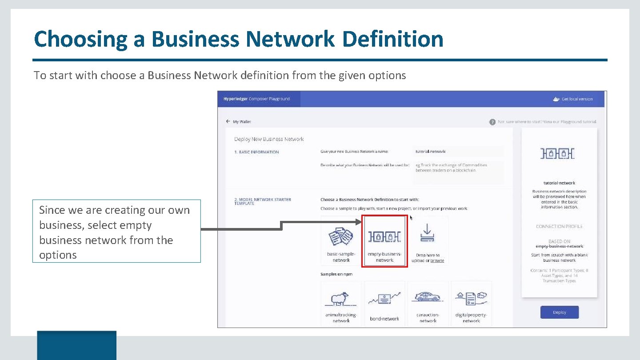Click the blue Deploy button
pyautogui.click(x=559, y=312)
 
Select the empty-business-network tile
pyautogui.click(x=384, y=241)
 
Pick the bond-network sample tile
pyautogui.click(x=384, y=304)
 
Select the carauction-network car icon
pyautogui.click(x=428, y=297)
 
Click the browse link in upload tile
pyautogui.click(x=437, y=261)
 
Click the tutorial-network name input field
pyautogui.click(x=458, y=152)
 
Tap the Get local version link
pyautogui.click(x=576, y=99)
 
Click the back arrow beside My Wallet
pyautogui.click(x=228, y=121)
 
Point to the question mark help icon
pyautogui.click(x=492, y=122)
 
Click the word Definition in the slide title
pyautogui.click(x=393, y=39)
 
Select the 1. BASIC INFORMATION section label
pyautogui.click(x=256, y=152)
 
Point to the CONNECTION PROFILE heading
pyautogui.click(x=559, y=227)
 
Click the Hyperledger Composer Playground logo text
pyautogui.click(x=256, y=99)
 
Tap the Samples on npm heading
pyautogui.click(x=336, y=274)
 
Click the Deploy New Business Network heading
pyautogui.click(x=269, y=139)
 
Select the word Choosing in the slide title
pyautogui.click(x=80, y=39)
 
